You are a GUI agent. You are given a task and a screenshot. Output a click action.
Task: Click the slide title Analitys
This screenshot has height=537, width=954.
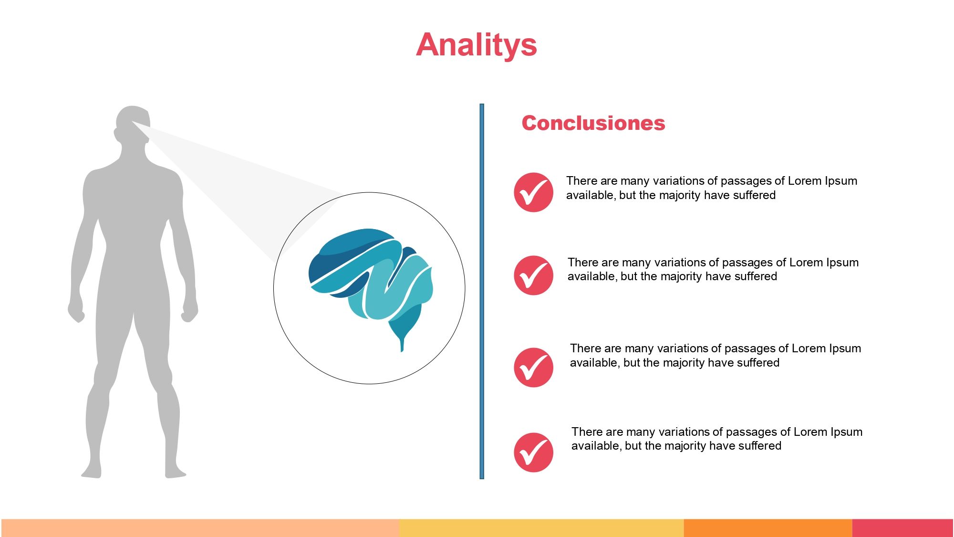pyautogui.click(x=477, y=45)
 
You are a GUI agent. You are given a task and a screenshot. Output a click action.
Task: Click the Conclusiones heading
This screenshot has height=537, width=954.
pyautogui.click(x=593, y=123)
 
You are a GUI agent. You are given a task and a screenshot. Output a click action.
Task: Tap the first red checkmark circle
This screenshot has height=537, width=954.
pyautogui.click(x=533, y=192)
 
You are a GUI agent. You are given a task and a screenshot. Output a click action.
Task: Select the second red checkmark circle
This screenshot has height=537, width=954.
pyautogui.click(x=533, y=275)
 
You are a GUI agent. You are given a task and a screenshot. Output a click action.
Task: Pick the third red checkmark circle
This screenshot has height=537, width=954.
pyautogui.click(x=533, y=367)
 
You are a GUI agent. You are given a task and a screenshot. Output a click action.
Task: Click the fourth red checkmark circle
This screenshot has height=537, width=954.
pyautogui.click(x=533, y=453)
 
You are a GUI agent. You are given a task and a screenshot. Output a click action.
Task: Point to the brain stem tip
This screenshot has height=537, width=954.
pyautogui.click(x=402, y=350)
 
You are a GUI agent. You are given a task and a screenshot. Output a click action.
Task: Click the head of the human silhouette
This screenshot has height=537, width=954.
pyautogui.click(x=133, y=125)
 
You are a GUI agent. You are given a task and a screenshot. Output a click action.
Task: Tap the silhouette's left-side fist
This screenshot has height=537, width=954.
pyautogui.click(x=76, y=311)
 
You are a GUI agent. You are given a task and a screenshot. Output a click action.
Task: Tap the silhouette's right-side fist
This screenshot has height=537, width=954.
pyautogui.click(x=189, y=311)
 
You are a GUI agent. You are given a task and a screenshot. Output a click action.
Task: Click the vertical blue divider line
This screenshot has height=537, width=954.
pyautogui.click(x=482, y=291)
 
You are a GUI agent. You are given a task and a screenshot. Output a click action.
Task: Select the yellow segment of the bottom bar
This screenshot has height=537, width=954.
pyautogui.click(x=541, y=528)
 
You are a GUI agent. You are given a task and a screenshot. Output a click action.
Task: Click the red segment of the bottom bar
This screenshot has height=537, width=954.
pyautogui.click(x=902, y=528)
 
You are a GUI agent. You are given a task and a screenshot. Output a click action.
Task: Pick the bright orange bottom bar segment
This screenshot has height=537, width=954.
pyautogui.click(x=768, y=528)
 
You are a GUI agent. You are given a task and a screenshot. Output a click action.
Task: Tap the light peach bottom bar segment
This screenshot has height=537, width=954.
pyautogui.click(x=200, y=528)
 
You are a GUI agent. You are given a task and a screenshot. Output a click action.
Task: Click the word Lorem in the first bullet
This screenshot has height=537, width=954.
pyautogui.click(x=805, y=181)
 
